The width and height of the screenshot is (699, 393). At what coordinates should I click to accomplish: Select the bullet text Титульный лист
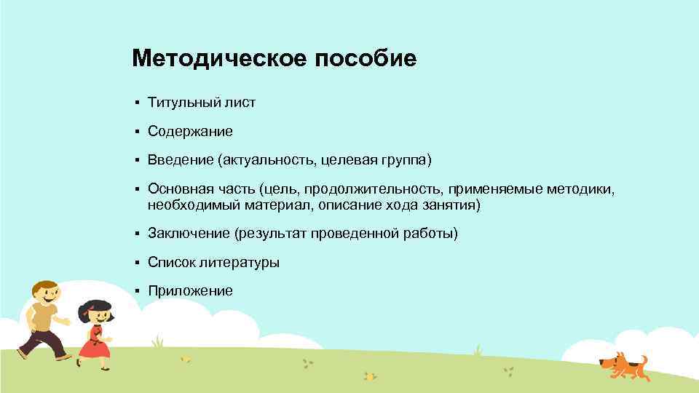(x=202, y=103)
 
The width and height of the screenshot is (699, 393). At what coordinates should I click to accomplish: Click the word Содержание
(x=190, y=131)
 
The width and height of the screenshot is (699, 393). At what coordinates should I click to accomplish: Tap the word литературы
(x=242, y=262)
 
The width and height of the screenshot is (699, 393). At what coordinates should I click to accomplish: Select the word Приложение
(x=190, y=290)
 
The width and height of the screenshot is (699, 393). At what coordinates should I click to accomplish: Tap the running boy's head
(x=45, y=293)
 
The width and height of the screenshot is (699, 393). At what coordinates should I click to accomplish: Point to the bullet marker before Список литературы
(x=136, y=262)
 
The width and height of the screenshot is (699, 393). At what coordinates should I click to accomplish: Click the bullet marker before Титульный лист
(x=136, y=103)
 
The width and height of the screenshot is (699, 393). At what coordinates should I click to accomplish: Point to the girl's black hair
(x=93, y=306)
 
